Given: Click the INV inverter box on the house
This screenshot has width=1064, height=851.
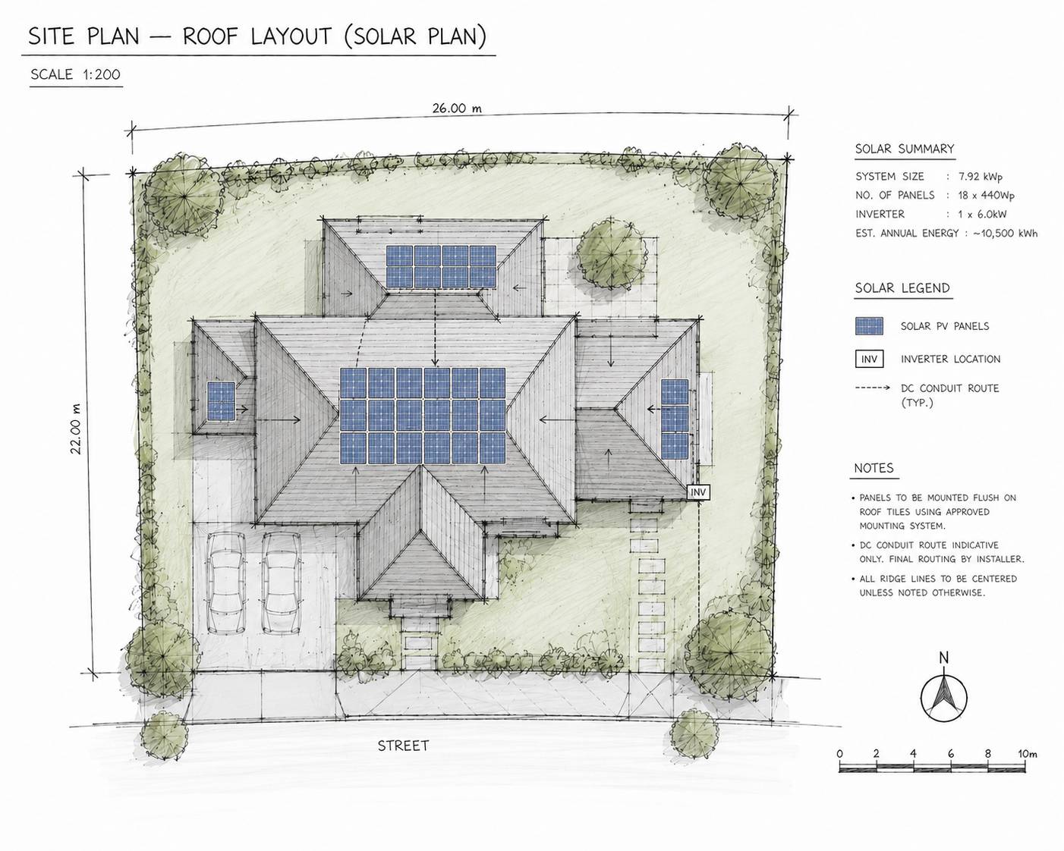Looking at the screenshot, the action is click(698, 492).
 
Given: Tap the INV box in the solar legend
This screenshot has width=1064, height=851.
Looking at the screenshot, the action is click(869, 359).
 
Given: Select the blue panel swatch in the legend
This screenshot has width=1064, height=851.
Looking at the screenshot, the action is click(869, 326).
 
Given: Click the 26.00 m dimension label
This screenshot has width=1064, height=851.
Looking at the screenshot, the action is click(457, 108).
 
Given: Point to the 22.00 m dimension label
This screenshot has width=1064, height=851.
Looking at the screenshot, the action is click(75, 429).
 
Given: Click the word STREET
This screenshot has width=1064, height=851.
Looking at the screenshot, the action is click(403, 746).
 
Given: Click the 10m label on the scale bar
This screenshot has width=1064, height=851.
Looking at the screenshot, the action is click(1027, 754).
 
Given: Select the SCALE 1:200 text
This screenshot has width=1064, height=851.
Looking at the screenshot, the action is click(75, 74).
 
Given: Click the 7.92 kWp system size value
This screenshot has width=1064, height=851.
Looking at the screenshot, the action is click(981, 177).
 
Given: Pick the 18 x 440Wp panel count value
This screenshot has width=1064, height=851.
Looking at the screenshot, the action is click(986, 195).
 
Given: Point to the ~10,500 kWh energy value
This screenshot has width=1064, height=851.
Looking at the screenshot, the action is click(1005, 234).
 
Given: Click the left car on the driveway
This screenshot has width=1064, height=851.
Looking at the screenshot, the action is click(225, 583).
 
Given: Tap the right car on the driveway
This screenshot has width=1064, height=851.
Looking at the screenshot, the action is click(281, 583).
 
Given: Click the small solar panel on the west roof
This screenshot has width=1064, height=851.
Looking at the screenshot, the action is click(221, 400).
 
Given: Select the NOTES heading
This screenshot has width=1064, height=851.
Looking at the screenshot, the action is click(874, 468).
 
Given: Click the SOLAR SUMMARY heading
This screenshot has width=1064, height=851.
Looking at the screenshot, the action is click(905, 149).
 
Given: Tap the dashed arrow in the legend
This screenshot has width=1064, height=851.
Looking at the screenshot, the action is click(873, 388).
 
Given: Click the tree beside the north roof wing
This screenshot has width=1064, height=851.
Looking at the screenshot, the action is click(612, 255).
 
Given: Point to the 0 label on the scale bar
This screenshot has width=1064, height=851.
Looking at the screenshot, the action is click(839, 754).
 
